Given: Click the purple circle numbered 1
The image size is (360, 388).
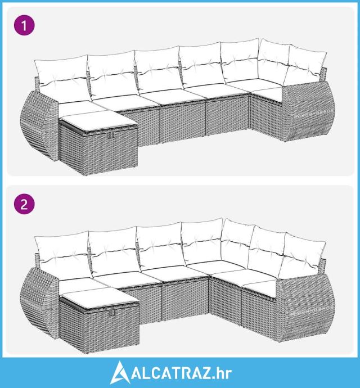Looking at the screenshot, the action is point(24,25).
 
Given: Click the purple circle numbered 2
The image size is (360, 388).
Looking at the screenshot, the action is point(24,204).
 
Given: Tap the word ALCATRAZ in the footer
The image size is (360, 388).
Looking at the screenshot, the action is point(171,373).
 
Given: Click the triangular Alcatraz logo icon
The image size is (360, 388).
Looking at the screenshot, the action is point(120,372).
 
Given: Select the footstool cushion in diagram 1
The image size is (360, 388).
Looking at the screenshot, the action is point(98,121).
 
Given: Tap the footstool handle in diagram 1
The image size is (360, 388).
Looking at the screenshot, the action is point(110,134).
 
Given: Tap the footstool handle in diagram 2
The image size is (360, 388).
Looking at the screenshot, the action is point(112,312).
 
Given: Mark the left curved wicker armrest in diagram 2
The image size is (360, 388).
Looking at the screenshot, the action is point(39,303).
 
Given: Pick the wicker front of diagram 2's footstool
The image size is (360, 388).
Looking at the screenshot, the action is point(112,326).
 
